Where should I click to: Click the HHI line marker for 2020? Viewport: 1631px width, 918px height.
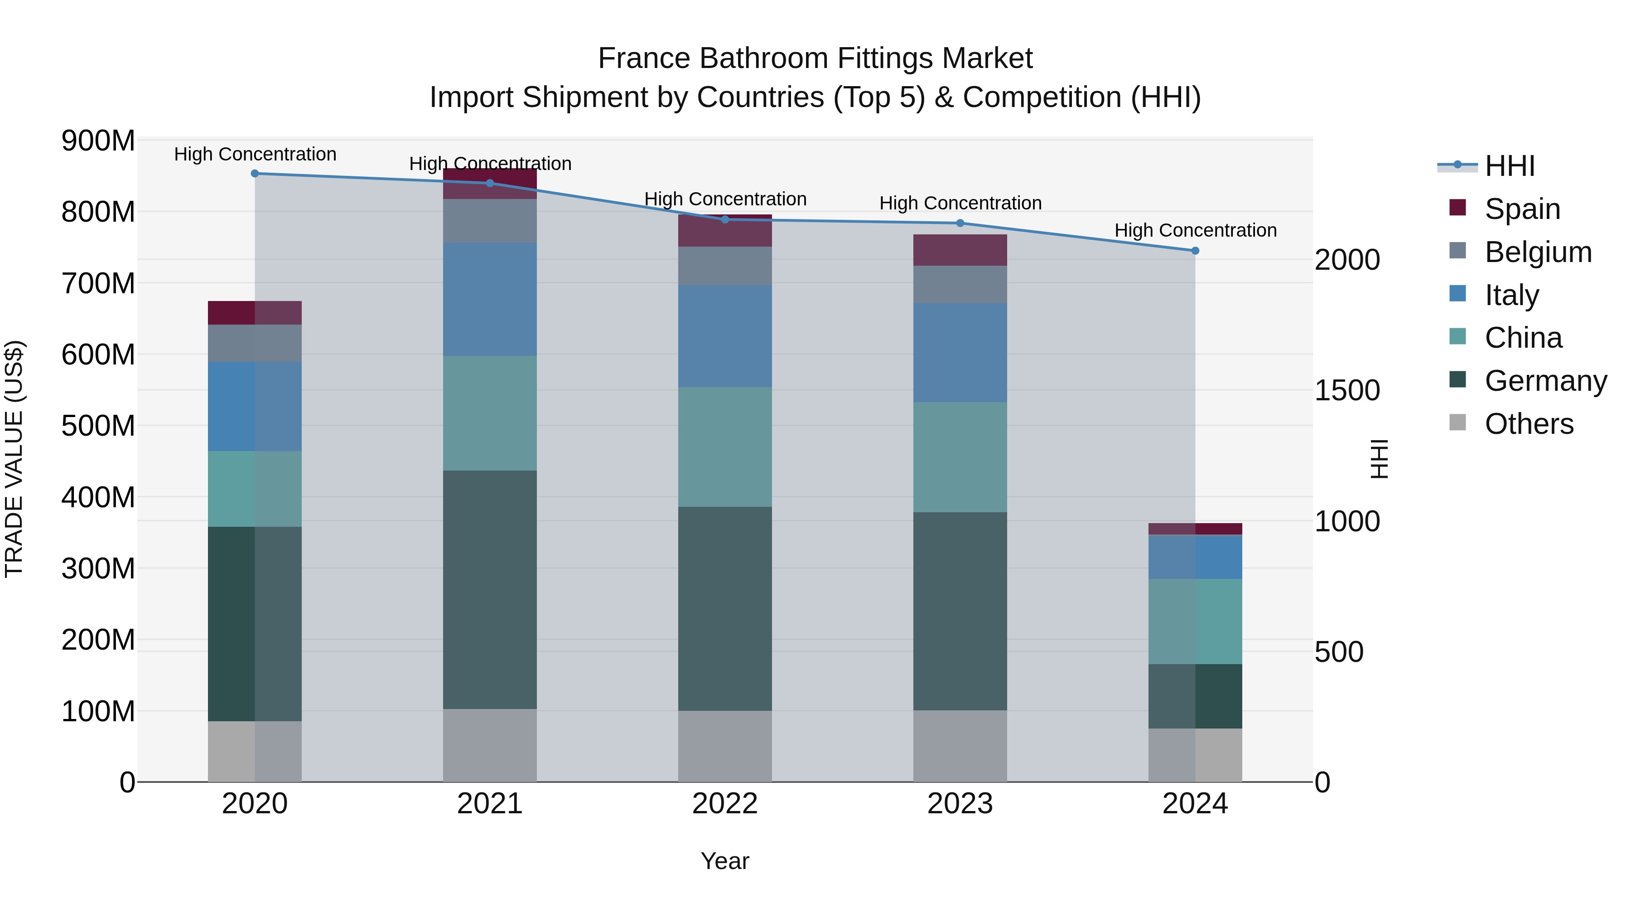(255, 174)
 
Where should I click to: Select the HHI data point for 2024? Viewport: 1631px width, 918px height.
(1195, 251)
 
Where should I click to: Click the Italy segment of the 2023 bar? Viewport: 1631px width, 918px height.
(960, 352)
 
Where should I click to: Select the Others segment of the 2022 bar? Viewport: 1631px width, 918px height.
(725, 746)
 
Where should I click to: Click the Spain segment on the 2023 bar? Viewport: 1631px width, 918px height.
(960, 250)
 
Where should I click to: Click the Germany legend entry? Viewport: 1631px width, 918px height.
(1545, 381)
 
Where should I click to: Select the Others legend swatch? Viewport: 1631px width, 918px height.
(1457, 423)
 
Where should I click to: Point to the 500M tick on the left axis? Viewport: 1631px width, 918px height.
(98, 426)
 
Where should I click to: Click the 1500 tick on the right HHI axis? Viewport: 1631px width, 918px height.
(1347, 390)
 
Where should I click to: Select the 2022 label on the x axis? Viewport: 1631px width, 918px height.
(725, 804)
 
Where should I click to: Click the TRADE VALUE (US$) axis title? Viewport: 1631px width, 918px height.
(14, 459)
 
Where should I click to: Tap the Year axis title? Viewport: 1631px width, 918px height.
(725, 861)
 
